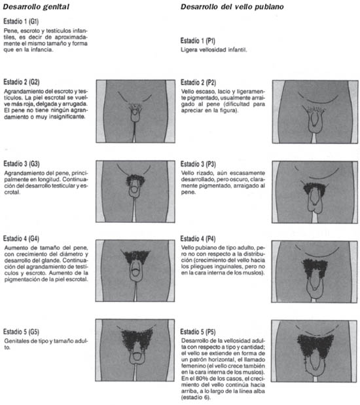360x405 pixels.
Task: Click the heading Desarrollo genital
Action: pyautogui.click(x=36, y=7)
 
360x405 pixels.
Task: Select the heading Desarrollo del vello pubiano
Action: pyautogui.click(x=232, y=7)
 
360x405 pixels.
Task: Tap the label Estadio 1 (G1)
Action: pyautogui.click(x=21, y=21)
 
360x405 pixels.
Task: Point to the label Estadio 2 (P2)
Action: pyautogui.click(x=198, y=83)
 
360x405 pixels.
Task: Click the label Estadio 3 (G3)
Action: pyautogui.click(x=22, y=164)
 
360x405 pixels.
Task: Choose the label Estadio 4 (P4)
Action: pyautogui.click(x=198, y=239)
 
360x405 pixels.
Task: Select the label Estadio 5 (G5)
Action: pyautogui.click(x=21, y=332)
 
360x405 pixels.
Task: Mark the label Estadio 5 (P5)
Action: pyautogui.click(x=198, y=332)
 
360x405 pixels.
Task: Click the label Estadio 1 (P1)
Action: pyautogui.click(x=198, y=41)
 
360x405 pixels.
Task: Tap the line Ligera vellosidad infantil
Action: pyautogui.click(x=214, y=50)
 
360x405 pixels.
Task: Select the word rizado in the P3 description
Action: pyautogui.click(x=206, y=173)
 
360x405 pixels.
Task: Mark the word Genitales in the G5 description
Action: pyautogui.click(x=16, y=341)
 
